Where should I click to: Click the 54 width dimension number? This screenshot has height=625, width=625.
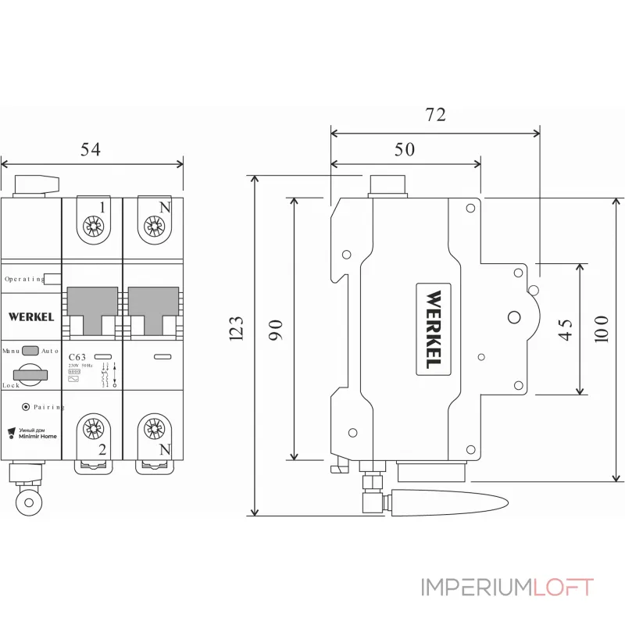click(92, 149)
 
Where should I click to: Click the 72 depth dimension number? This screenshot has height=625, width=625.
click(435, 115)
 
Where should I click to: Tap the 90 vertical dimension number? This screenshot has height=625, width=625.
click(274, 328)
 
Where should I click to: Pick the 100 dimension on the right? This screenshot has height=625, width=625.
click(600, 328)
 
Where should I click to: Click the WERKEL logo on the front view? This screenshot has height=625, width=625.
click(31, 316)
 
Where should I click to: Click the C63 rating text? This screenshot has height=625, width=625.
click(78, 357)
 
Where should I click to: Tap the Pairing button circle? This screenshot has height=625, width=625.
click(26, 407)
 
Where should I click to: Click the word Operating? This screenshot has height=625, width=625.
click(23, 278)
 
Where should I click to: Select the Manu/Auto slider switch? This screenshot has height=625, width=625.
click(30, 351)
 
